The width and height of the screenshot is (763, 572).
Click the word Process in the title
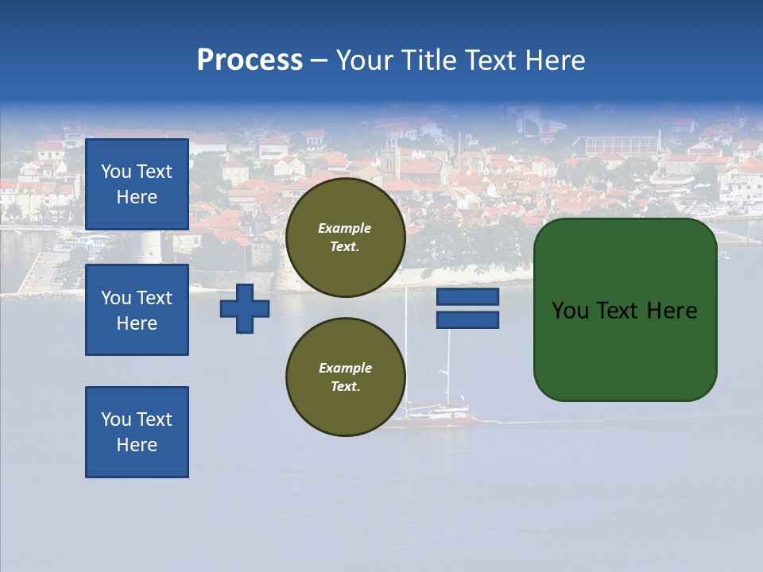pos(250,60)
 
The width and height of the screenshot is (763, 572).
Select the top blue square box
pos(137,184)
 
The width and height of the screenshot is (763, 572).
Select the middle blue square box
pos(137,310)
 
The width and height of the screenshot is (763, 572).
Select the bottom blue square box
pos(137,432)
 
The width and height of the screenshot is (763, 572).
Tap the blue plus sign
pos(245,308)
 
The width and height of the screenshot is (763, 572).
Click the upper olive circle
pos(345,238)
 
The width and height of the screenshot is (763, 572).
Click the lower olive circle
pos(345,377)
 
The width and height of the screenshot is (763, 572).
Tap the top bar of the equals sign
pos(467,297)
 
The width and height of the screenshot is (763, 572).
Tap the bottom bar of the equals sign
pos(467,320)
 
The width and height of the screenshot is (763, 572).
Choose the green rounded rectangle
pos(625,310)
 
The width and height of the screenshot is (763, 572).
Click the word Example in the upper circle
pos(344,228)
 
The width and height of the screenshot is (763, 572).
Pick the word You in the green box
pos(571,311)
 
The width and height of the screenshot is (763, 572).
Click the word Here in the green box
pos(672,311)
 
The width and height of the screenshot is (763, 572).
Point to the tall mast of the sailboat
pos(407,342)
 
